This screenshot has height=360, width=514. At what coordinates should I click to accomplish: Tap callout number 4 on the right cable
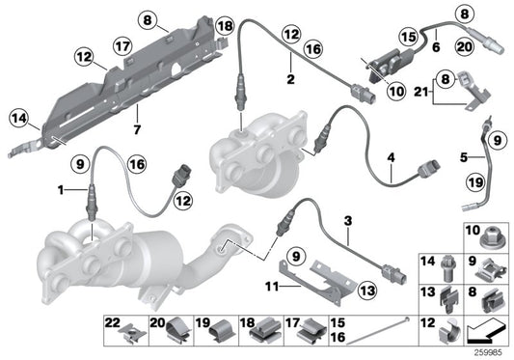pos(465,155)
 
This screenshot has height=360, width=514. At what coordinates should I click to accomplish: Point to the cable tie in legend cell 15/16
pos(377,331)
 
